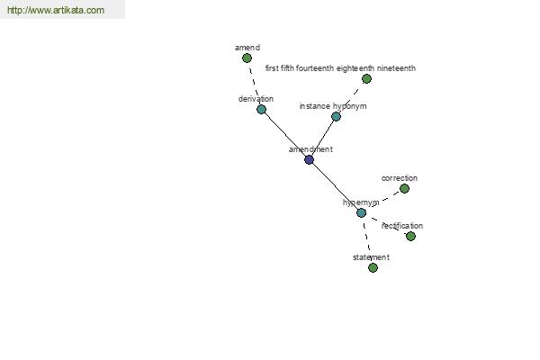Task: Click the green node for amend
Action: coord(247,58)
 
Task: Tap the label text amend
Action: coord(247,48)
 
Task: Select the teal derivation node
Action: coord(261,110)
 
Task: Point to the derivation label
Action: coord(256,99)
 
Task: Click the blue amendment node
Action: coord(310,160)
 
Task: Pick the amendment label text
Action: coord(310,149)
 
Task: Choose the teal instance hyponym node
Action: coord(336,116)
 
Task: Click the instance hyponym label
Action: coord(333,106)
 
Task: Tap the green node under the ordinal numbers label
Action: coord(367,79)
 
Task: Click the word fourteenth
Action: coord(315,68)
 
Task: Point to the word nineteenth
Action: coord(396,68)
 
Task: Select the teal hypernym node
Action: coord(361,213)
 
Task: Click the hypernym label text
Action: coord(361,202)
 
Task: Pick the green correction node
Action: coord(404,189)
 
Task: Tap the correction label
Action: coord(400,178)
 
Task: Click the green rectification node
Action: coord(410,237)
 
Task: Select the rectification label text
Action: coord(402,226)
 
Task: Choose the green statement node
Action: coord(373,267)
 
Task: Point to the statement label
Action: coord(371,257)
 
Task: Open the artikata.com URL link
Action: coord(56,10)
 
